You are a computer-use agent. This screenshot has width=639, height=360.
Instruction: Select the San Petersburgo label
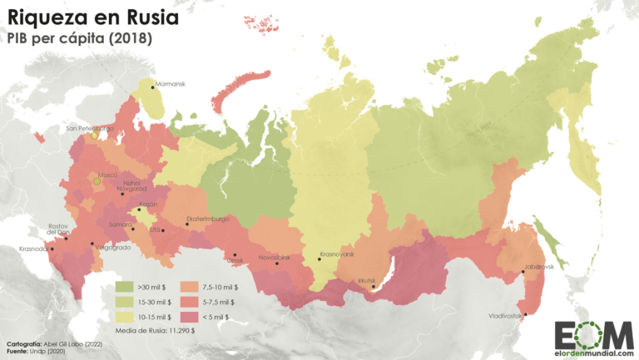click(89, 129)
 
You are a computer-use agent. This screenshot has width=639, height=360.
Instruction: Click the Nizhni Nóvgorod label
click(114, 188)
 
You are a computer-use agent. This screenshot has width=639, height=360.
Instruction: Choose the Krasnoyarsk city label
click(337, 254)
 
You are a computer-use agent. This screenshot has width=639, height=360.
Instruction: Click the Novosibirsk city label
click(275, 258)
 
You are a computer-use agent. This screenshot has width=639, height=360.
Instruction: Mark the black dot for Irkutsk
click(373, 288)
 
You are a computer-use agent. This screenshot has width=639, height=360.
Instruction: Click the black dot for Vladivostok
click(526, 314)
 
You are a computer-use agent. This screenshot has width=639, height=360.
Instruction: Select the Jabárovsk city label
click(538, 266)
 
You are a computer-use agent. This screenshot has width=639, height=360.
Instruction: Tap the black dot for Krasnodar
click(52, 249)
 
